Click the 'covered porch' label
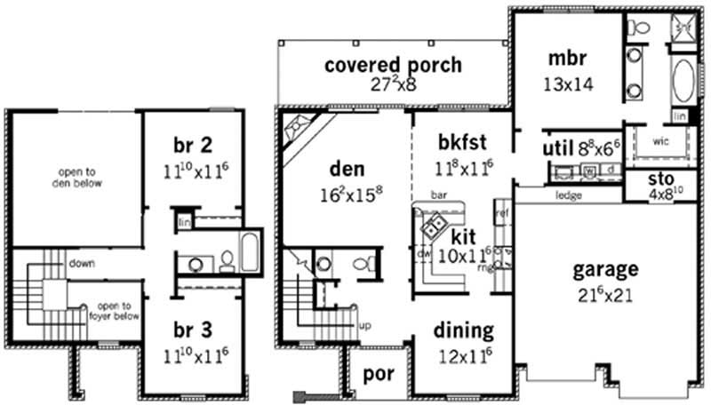click(393, 65)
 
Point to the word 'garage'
click(604, 269)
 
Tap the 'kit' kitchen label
click(463, 237)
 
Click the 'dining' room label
click(463, 330)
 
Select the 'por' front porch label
click(379, 373)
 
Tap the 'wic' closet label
click(660, 141)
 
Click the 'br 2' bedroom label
click(194, 144)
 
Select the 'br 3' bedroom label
click(194, 330)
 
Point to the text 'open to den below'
click(77, 179)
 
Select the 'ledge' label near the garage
click(568, 195)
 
